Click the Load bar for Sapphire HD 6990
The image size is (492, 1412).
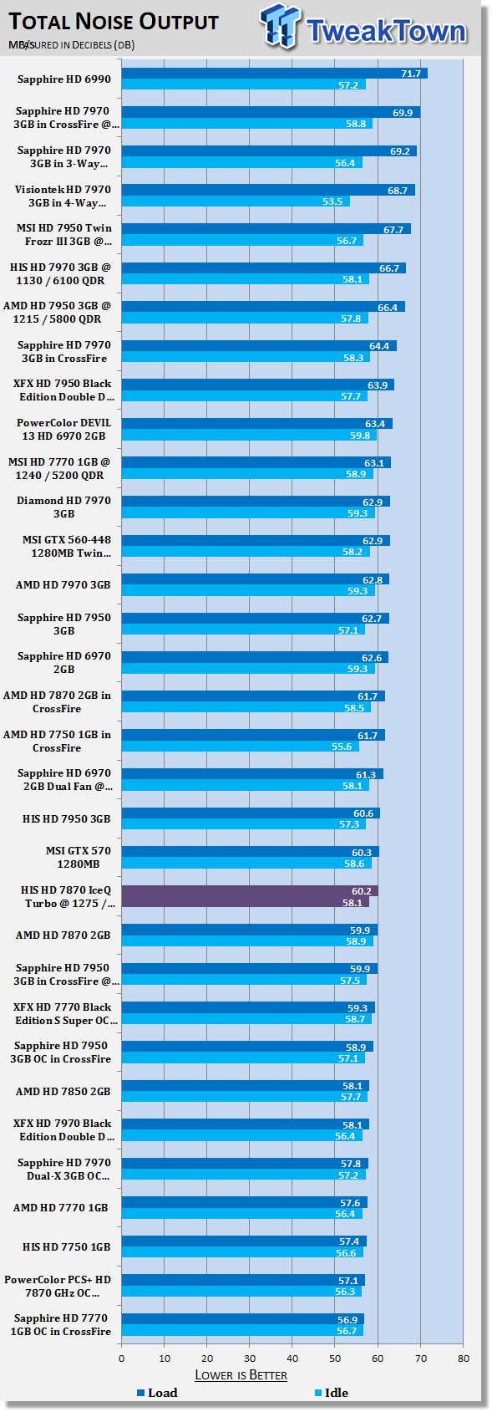coord(275,73)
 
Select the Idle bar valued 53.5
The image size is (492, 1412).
coord(236,201)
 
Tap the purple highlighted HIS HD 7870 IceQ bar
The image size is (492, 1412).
coord(250,895)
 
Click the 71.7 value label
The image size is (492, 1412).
coord(411,74)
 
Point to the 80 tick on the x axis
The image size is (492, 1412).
coord(464,1358)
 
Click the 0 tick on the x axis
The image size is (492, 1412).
coord(122,1358)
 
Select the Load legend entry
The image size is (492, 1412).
coord(158,1393)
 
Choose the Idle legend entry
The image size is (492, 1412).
coord(332,1393)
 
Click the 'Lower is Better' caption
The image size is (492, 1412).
coord(241,1375)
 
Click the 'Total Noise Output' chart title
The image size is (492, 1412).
coord(114,22)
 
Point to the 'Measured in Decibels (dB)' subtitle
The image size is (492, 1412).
coord(72,45)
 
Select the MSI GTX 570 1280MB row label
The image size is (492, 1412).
coord(79,857)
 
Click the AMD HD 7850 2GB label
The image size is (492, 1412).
coord(63,1091)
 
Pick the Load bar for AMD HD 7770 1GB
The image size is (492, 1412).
coord(245,1202)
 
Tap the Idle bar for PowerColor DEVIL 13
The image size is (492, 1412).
coord(250,435)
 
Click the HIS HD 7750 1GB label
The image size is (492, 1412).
coord(66,1246)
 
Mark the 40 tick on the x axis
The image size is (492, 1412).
coord(292,1358)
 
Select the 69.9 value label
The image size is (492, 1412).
coord(403,113)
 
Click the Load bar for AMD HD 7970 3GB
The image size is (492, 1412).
coord(255,579)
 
